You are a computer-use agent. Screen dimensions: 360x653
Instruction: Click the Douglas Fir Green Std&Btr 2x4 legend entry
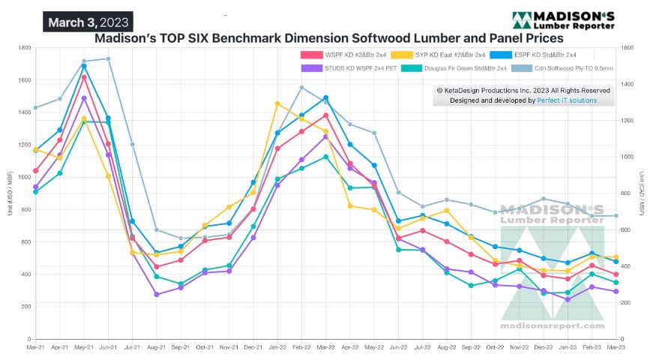[x=466, y=68]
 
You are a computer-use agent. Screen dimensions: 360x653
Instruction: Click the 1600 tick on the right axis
[x=628, y=48]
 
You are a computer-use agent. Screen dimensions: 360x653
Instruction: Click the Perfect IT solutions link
[x=567, y=100]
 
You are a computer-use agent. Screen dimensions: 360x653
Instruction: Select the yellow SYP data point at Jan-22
[x=277, y=103]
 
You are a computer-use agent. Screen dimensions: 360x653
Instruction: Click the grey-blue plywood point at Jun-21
[x=108, y=58]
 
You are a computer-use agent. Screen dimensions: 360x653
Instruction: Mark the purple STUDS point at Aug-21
[x=157, y=295]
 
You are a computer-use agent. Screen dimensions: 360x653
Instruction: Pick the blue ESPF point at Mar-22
[x=325, y=97]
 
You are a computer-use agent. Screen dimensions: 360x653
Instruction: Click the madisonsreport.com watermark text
[x=552, y=325]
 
